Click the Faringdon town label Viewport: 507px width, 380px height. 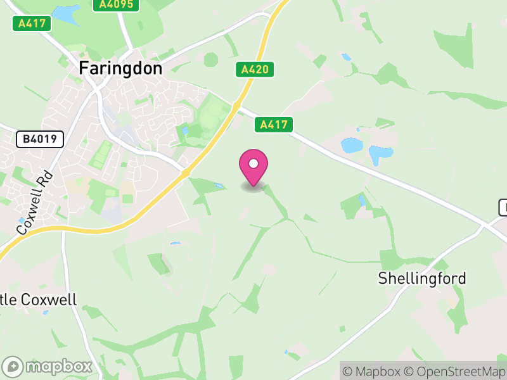(x=121, y=68)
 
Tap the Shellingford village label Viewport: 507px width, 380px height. (x=422, y=278)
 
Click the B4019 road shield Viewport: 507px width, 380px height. (x=39, y=139)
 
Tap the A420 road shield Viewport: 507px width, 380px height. (x=257, y=70)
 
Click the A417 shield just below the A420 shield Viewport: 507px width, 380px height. (x=274, y=125)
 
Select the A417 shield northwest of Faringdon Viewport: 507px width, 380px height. (x=32, y=23)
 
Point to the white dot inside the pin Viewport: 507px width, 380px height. (x=253, y=163)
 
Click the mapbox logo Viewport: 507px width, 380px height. (x=49, y=366)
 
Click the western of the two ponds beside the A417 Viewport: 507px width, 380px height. (x=351, y=145)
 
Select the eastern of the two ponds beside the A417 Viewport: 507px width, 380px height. (x=380, y=154)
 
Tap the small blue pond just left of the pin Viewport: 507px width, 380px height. (x=219, y=186)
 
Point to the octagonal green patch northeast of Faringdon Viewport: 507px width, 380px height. (x=211, y=60)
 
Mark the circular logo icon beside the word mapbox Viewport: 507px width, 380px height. (x=14, y=367)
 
